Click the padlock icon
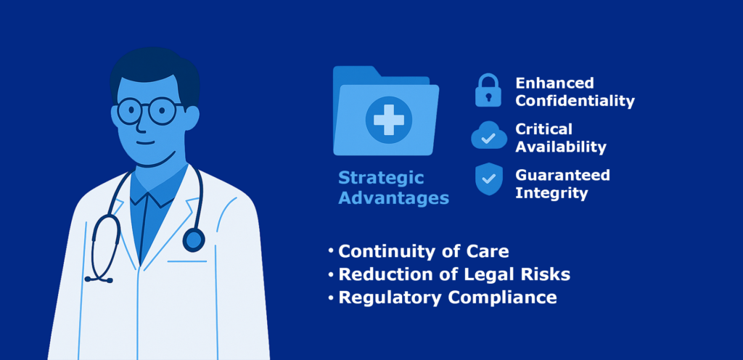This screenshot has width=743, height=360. click(x=488, y=90)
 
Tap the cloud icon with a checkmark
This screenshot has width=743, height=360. click(x=488, y=136)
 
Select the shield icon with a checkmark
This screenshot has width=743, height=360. click(x=488, y=179)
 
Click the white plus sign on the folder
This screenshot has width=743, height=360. click(x=389, y=120)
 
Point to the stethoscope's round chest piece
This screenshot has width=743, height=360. click(x=193, y=240)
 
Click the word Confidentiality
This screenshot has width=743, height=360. click(x=575, y=102)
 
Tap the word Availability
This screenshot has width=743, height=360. click(x=561, y=147)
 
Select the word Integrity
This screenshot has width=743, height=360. click(x=551, y=193)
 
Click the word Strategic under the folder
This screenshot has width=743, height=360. click(x=381, y=178)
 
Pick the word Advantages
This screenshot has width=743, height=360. click(x=394, y=198)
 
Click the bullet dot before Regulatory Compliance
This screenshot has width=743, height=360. click(x=331, y=298)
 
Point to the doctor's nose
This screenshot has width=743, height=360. click(x=141, y=121)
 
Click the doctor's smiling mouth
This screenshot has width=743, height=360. click(x=145, y=142)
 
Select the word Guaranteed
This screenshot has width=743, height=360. click(x=562, y=175)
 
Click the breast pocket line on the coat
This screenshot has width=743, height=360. click(x=187, y=261)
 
